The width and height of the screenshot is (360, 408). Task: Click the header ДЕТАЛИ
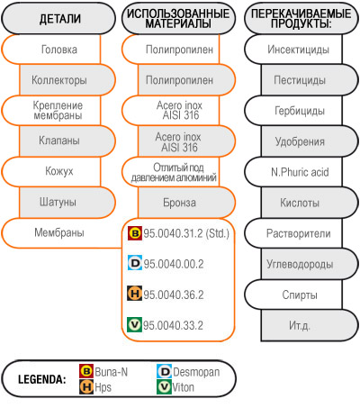(x=60, y=19)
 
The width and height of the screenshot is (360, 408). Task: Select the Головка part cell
(x=51, y=50)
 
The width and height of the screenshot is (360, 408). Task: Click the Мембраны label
(x=59, y=232)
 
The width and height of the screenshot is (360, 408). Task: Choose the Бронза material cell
(x=186, y=203)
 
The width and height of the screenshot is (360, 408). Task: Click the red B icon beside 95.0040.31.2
(x=135, y=233)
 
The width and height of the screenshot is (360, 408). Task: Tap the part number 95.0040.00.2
(x=174, y=264)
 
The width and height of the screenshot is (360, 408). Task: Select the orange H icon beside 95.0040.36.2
(x=135, y=294)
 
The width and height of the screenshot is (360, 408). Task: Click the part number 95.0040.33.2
(x=173, y=325)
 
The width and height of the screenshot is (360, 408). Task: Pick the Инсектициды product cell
(x=293, y=50)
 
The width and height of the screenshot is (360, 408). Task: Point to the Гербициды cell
(x=293, y=111)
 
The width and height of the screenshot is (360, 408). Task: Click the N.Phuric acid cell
(x=293, y=172)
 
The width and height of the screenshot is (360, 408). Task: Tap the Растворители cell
(x=293, y=233)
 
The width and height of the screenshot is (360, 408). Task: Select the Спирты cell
(x=293, y=295)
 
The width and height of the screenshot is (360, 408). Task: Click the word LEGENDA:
(x=42, y=379)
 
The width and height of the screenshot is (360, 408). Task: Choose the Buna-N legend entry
(x=103, y=372)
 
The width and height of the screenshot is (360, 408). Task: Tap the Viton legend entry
(x=175, y=387)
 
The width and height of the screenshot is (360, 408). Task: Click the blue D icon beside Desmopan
(x=164, y=372)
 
